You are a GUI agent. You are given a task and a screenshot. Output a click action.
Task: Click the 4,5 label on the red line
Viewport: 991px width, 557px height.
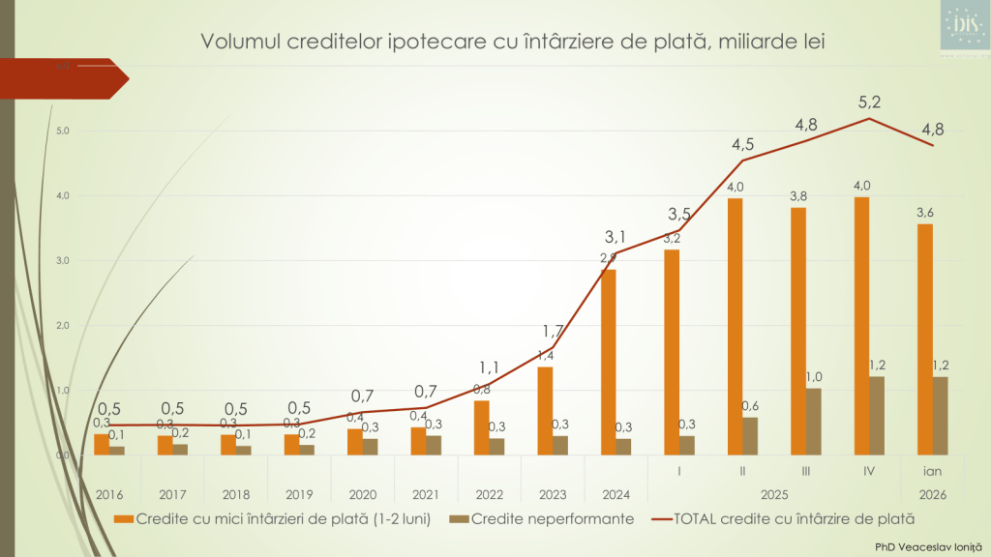(x=743, y=145)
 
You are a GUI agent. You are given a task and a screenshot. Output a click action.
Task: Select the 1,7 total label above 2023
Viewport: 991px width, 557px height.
(x=553, y=332)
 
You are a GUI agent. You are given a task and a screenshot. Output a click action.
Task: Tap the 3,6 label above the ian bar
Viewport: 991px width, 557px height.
(x=925, y=213)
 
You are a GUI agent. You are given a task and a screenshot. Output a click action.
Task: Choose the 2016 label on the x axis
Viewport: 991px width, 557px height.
(x=109, y=493)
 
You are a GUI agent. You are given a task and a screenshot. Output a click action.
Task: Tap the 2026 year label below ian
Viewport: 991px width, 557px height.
(x=932, y=493)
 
